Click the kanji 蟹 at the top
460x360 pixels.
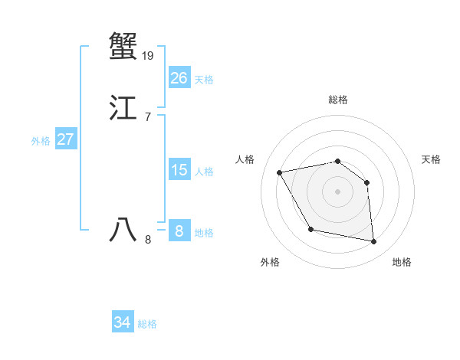tap(123, 46)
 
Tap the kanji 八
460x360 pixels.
tap(123, 230)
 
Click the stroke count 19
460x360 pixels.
tap(148, 55)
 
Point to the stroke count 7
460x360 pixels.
tap(147, 116)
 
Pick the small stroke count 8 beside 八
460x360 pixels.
tap(148, 240)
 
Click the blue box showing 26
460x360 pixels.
tap(179, 78)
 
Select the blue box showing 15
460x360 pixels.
tap(179, 170)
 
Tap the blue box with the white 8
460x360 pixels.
tap(179, 231)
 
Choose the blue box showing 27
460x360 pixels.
tap(65, 139)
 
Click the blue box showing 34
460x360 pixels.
tap(122, 322)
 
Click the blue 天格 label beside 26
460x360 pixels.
tap(204, 80)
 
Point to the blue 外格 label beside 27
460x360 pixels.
tap(41, 141)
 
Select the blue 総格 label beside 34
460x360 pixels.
tap(147, 324)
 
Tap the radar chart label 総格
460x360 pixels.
tap(338, 100)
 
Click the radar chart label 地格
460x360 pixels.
tap(402, 262)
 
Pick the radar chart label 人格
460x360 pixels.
tap(245, 159)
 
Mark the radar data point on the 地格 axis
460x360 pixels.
tap(374, 242)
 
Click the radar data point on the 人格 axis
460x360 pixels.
tap(280, 172)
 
